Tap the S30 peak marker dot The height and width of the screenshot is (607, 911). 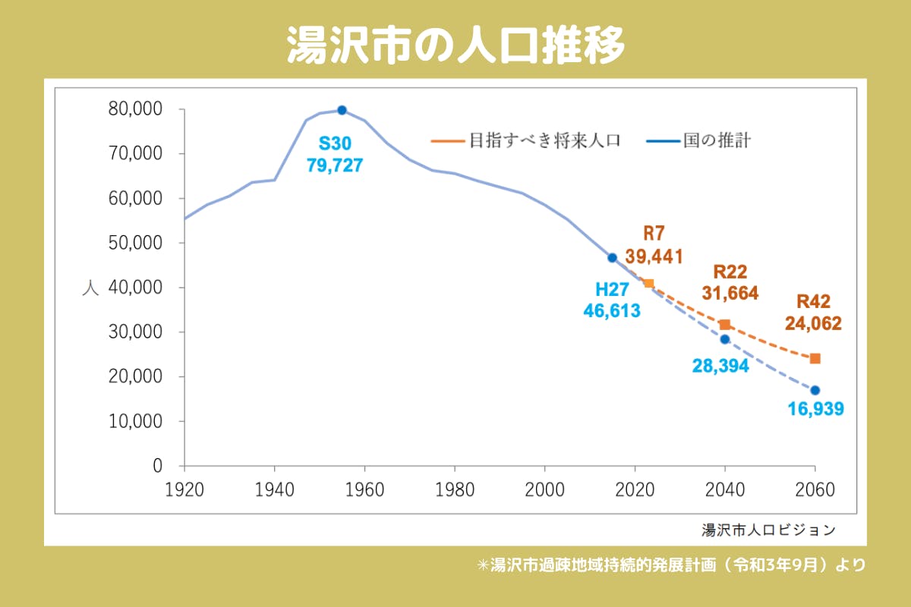click(342, 110)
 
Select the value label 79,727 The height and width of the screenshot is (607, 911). click(335, 165)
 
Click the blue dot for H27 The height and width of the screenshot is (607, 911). click(613, 258)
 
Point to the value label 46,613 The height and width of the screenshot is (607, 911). click(612, 310)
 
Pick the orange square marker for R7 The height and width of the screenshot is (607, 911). click(648, 283)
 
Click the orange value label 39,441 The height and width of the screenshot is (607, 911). click(654, 256)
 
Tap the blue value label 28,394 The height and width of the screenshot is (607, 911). click(720, 366)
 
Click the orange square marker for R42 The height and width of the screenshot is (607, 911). click(815, 358)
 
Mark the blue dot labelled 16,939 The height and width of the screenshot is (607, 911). click(815, 390)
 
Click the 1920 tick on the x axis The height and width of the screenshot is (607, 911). click(184, 490)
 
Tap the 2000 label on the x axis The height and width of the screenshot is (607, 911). click(545, 490)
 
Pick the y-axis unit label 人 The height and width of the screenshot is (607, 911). click(90, 288)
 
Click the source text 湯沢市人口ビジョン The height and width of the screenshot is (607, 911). click(768, 528)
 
